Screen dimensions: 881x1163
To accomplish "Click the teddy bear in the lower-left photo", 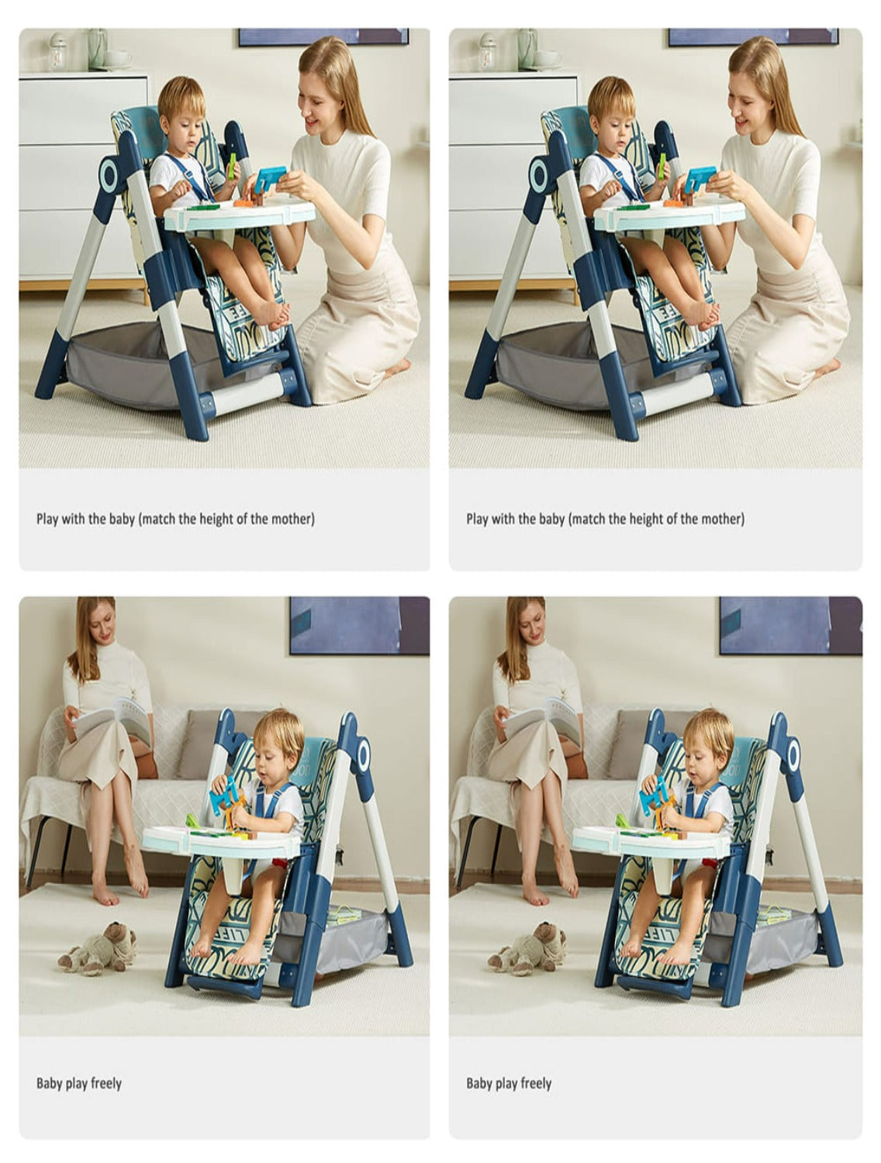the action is click(97, 949).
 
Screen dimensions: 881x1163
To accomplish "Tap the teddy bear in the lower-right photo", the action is click(527, 949).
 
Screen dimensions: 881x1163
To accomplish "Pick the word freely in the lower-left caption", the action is click(106, 1083).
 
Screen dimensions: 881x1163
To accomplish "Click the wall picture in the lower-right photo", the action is click(790, 625).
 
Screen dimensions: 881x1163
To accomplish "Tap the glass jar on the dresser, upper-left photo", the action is click(57, 51).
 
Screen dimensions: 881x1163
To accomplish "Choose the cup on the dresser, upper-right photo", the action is click(548, 58).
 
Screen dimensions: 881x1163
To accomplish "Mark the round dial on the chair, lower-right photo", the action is click(793, 756).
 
